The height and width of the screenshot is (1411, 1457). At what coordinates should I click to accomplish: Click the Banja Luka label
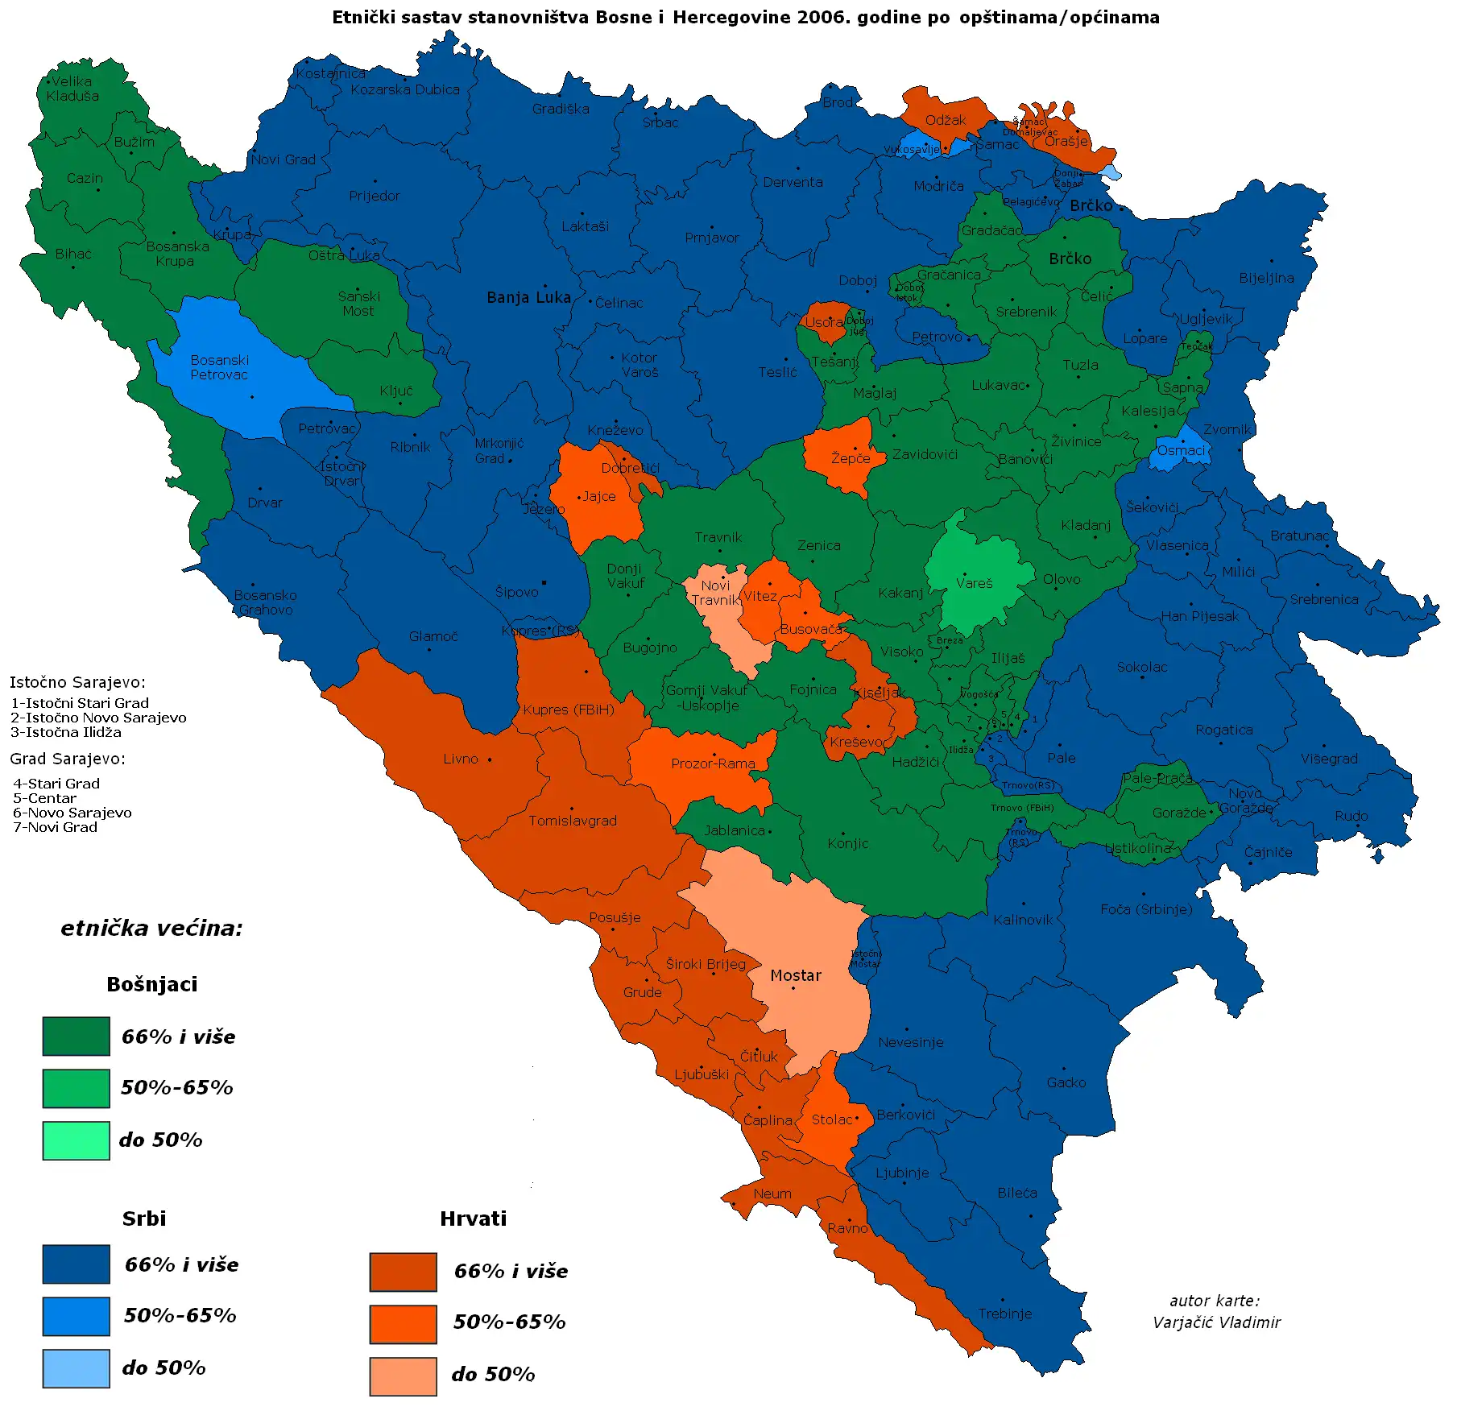tap(528, 298)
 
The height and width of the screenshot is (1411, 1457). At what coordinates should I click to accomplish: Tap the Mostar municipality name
tap(795, 975)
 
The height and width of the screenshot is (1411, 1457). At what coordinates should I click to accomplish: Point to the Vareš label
tap(974, 583)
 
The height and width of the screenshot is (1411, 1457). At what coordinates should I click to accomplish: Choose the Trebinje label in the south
tap(1004, 1314)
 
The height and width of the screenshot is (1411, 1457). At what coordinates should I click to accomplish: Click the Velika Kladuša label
tap(72, 89)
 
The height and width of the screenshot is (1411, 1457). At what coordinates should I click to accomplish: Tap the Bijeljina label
tap(1266, 278)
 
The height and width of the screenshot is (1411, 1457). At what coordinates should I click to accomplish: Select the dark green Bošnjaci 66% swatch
tap(76, 1036)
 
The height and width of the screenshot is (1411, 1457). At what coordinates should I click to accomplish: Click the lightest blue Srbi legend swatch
tap(76, 1368)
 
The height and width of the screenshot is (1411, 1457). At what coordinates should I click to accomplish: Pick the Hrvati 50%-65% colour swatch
tap(403, 1324)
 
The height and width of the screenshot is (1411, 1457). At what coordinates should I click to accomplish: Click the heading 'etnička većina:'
tap(151, 929)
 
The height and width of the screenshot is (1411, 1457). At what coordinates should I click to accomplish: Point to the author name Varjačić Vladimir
tap(1215, 1322)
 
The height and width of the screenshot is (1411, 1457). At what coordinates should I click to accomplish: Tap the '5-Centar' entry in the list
tap(45, 798)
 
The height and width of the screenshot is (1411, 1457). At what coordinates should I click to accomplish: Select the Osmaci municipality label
tap(1181, 451)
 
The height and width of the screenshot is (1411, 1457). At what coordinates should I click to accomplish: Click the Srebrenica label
tap(1323, 599)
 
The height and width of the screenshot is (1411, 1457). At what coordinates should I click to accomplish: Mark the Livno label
tap(460, 759)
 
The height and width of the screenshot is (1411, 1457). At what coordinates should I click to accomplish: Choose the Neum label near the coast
tap(772, 1194)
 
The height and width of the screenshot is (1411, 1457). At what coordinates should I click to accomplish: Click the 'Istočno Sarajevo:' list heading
tap(77, 682)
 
